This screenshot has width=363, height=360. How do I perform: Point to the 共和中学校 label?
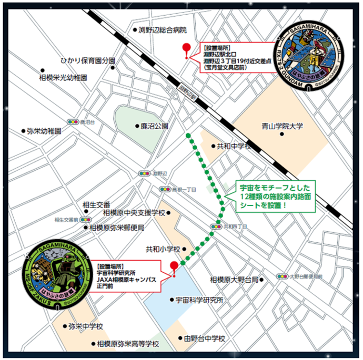point(234,146)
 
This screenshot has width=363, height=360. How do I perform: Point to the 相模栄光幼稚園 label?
point(63,77)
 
